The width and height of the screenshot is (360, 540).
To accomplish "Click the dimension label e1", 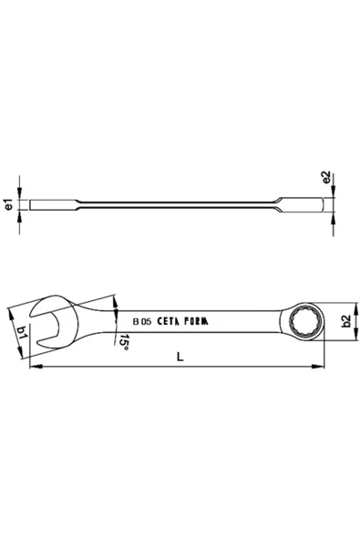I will pos(8,207).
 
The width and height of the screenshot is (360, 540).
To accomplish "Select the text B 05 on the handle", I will pos(142,321).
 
